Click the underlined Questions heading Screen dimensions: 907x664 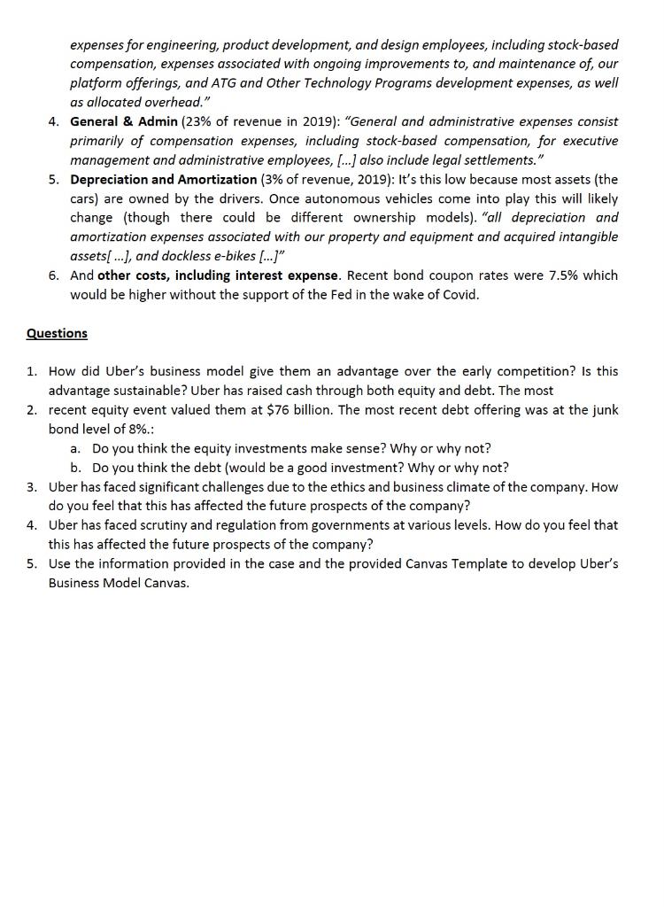(57, 333)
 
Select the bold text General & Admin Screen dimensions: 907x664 (123, 121)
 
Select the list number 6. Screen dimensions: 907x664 (52, 275)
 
